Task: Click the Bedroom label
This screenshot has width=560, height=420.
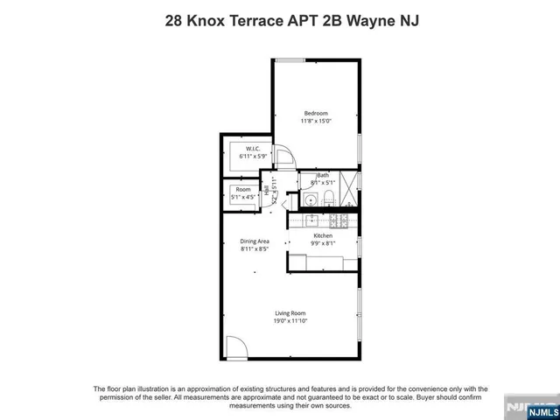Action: tap(316, 114)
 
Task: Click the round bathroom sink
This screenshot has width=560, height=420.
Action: tap(311, 200)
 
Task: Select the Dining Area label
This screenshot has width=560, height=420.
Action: tap(255, 241)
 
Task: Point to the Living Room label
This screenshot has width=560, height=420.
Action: tap(290, 313)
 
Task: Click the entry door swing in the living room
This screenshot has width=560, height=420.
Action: tap(234, 348)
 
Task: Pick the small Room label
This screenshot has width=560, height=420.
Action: tap(242, 189)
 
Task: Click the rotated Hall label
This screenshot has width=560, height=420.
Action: tap(267, 191)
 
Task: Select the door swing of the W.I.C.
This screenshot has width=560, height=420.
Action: tap(284, 159)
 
